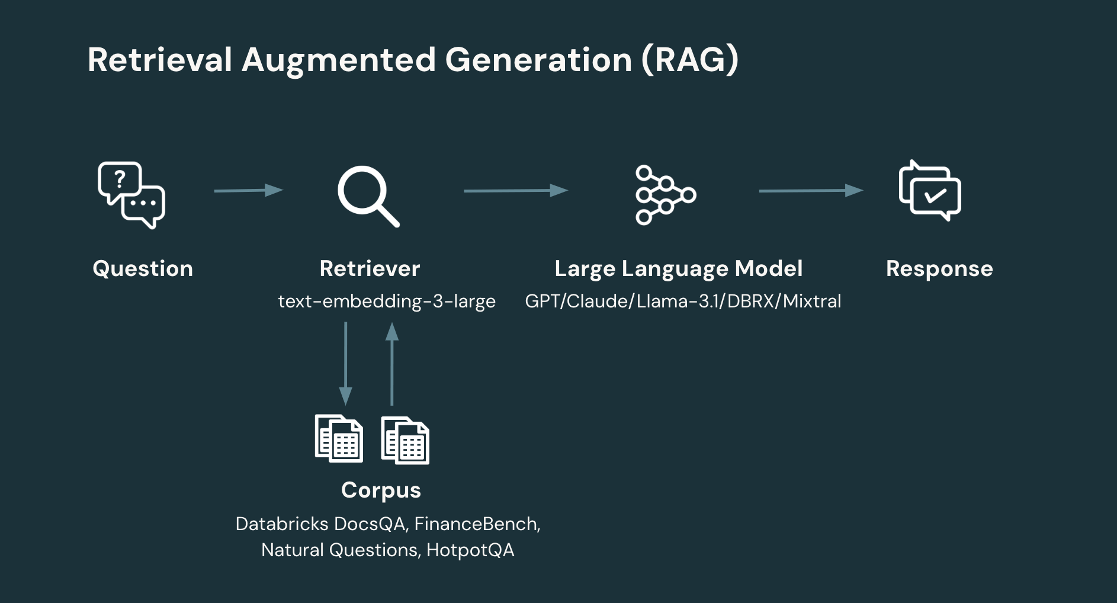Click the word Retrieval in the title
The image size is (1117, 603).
click(x=160, y=60)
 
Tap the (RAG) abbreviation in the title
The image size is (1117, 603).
click(x=690, y=60)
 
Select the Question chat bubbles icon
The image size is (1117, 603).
click(x=131, y=195)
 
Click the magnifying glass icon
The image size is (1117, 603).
click(x=368, y=196)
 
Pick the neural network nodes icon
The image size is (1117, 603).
click(x=665, y=195)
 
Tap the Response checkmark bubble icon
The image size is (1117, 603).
click(x=929, y=191)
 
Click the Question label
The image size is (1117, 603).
click(x=143, y=269)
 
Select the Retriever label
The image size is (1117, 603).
click(x=370, y=269)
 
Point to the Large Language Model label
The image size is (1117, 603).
click(x=678, y=269)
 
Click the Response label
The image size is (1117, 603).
click(x=939, y=269)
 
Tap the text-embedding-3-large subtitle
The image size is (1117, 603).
click(x=387, y=301)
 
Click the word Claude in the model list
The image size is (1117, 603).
click(x=599, y=301)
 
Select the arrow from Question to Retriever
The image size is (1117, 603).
click(x=249, y=190)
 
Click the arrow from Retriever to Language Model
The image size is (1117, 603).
click(x=515, y=190)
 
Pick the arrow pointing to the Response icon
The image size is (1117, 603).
click(x=810, y=190)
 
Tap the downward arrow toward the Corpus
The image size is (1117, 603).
click(x=345, y=363)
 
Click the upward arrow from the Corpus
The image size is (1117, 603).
click(x=391, y=363)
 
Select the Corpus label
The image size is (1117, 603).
click(x=381, y=490)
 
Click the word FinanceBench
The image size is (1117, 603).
click(x=476, y=524)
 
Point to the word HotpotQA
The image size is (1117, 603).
click(x=470, y=550)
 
